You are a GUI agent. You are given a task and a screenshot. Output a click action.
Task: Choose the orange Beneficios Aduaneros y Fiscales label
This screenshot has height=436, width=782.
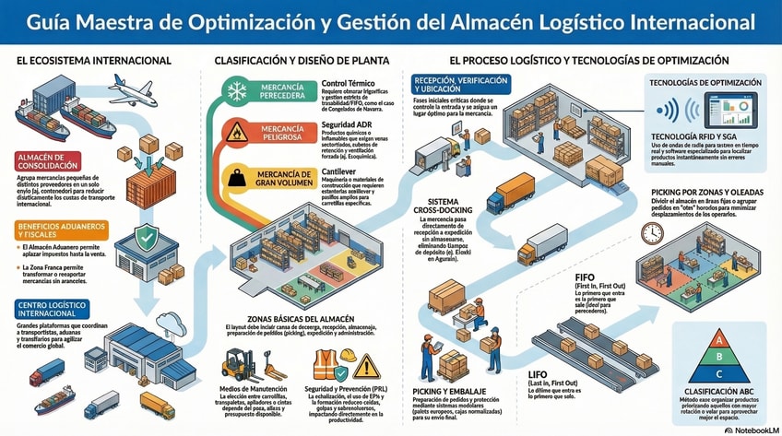pyautogui.click(x=54, y=230)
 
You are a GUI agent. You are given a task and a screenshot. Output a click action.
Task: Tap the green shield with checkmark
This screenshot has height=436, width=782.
pyautogui.click(x=147, y=239)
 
